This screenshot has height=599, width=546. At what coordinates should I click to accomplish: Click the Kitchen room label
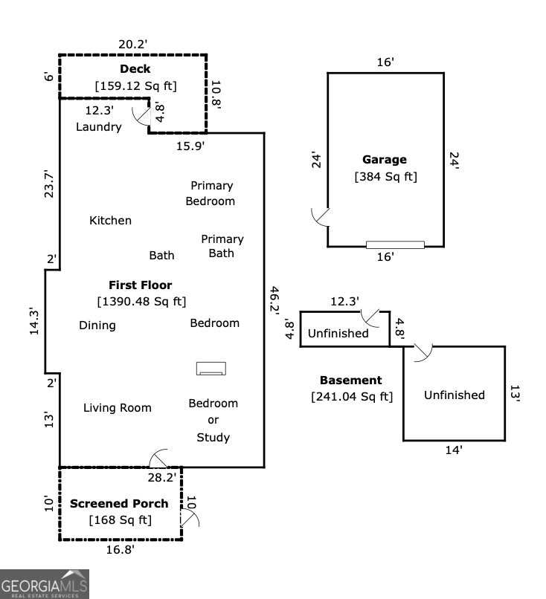coord(110,221)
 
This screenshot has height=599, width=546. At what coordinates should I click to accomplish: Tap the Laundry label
coord(98,127)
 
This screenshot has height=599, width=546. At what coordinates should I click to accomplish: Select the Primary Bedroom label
coord(211,193)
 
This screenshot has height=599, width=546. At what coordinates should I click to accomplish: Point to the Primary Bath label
coord(222,246)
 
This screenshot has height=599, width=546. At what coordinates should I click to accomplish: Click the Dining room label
coord(97,325)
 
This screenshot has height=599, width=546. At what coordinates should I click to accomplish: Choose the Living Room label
coord(117,407)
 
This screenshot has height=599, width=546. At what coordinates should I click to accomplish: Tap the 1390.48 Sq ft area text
coord(141,302)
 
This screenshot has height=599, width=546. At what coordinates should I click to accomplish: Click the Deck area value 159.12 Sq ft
coord(135,86)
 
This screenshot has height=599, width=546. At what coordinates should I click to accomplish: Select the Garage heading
coord(385,159)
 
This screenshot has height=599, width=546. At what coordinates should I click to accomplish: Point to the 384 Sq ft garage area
coord(385,177)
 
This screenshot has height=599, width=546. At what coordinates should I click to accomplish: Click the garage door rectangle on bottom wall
coord(395,245)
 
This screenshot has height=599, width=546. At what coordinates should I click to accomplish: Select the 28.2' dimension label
coord(161,478)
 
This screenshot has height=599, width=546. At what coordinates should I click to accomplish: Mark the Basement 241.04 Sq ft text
coord(351,397)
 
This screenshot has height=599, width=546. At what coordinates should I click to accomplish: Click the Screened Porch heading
coord(119,503)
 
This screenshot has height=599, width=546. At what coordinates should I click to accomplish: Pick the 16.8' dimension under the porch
coord(119,550)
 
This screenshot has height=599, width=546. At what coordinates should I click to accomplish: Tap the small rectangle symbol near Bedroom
coord(211,368)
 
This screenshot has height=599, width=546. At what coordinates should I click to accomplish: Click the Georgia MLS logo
coord(45,584)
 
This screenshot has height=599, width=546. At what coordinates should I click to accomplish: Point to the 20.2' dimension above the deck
coord(133,44)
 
